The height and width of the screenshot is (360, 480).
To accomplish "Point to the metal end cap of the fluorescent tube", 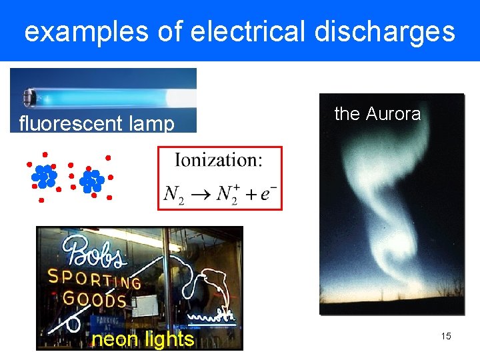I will click(x=29, y=97).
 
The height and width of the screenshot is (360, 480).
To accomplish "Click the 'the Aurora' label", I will click(x=377, y=114).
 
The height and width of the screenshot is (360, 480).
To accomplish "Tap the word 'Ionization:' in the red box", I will click(x=219, y=160).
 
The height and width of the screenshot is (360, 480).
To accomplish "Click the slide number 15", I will click(x=445, y=336).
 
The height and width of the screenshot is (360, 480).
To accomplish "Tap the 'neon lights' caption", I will click(x=143, y=339).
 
